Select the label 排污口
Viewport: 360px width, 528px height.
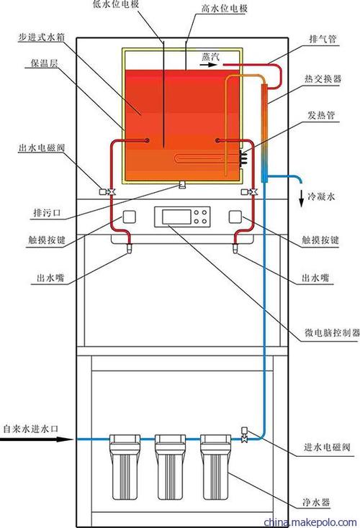coord(43,213)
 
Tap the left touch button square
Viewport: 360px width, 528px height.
coord(130,217)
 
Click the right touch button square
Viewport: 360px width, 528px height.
coord(235,217)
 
